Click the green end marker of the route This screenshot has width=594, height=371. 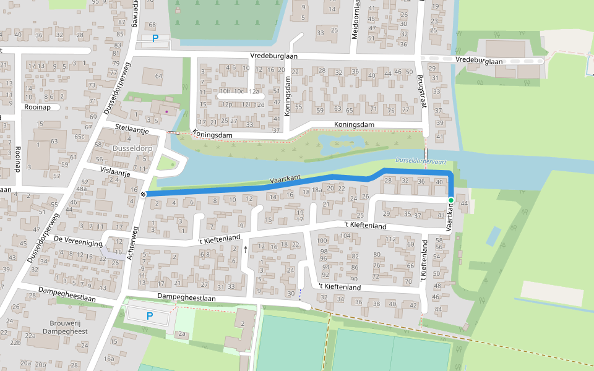point(451,200)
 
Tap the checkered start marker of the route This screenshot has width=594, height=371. point(143,195)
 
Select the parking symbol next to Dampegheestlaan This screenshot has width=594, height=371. point(149,316)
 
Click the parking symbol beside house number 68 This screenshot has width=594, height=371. point(155,38)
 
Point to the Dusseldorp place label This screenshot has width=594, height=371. point(133,149)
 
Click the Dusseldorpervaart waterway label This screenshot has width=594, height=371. point(421,161)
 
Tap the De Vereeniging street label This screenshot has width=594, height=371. point(77,241)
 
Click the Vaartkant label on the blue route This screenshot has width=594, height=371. point(285,180)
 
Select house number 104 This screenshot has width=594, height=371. point(345,236)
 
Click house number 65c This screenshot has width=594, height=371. point(79,137)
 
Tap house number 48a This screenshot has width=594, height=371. point(81,189)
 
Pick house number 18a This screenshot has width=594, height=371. point(317,190)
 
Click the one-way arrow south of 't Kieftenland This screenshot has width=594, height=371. point(246,249)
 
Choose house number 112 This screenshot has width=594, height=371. point(390,239)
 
